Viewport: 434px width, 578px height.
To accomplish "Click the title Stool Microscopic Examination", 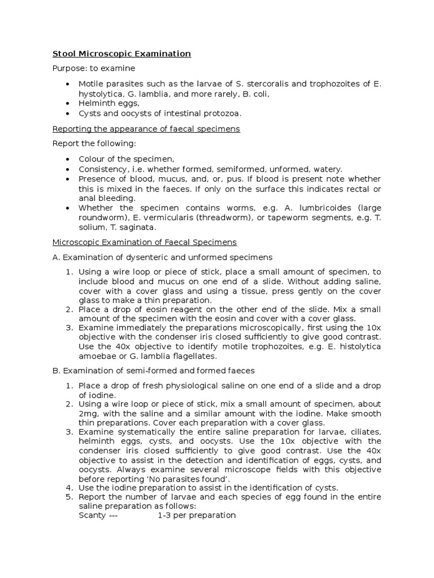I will pos(121,54).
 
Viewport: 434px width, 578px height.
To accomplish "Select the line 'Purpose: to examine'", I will pos(94,68).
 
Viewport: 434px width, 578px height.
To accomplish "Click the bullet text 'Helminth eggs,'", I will pos(109,103).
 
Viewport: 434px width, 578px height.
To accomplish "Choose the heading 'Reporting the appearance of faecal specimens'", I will pos(146,129).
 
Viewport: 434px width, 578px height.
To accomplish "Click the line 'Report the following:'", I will pos(94,143).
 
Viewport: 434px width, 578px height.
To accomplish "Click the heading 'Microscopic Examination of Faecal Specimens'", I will pos(145,242).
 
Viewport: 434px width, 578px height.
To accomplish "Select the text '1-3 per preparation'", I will pos(196,515).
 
